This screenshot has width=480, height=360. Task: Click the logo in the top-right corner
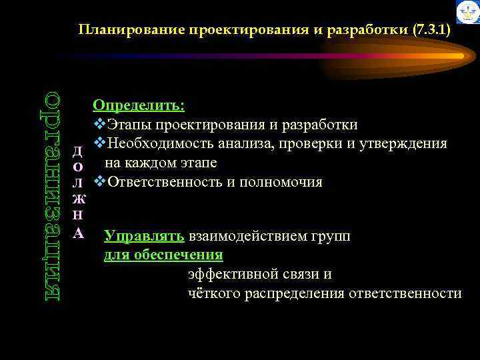467,12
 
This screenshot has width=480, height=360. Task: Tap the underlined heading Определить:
139,106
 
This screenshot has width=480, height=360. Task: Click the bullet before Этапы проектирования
100,125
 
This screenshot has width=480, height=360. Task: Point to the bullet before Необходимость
100,143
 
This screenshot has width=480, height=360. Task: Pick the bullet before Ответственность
100,181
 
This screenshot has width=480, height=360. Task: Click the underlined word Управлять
144,236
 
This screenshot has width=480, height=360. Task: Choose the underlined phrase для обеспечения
163,255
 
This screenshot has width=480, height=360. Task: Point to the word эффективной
229,274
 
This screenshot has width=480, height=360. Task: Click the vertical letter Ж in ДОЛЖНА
79,199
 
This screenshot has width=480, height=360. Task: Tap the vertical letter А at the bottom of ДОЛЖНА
79,233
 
